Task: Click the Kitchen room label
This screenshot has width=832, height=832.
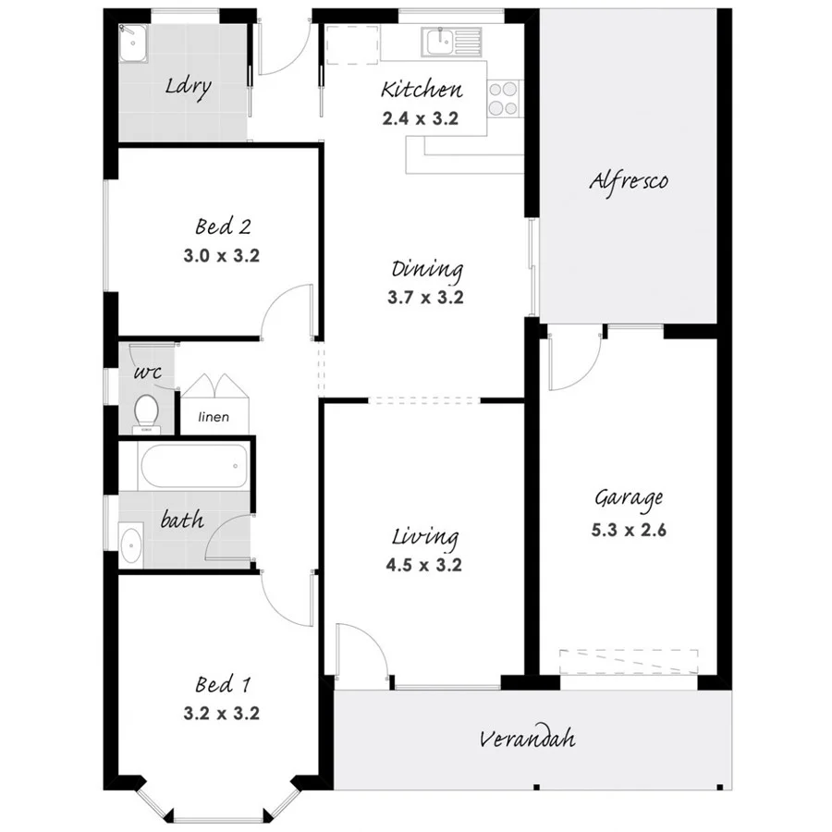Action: pyautogui.click(x=422, y=90)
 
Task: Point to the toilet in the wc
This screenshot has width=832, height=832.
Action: pyautogui.click(x=146, y=410)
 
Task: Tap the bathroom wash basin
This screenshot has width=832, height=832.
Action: pyautogui.click(x=129, y=544)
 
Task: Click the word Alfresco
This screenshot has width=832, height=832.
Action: pyautogui.click(x=629, y=180)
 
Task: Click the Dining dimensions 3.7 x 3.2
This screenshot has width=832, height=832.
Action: pyautogui.click(x=426, y=298)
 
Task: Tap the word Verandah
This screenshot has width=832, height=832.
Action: pyautogui.click(x=527, y=739)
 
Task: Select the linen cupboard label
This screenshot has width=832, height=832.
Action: pyautogui.click(x=214, y=418)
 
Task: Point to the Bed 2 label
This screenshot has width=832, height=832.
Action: pyautogui.click(x=223, y=226)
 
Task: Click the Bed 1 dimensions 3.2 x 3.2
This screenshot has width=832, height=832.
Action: pyautogui.click(x=222, y=714)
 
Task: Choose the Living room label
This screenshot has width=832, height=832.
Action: pyautogui.click(x=425, y=537)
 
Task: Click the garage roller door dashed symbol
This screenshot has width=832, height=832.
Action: pyautogui.click(x=628, y=662)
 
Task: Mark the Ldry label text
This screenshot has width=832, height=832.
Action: pyautogui.click(x=189, y=87)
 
